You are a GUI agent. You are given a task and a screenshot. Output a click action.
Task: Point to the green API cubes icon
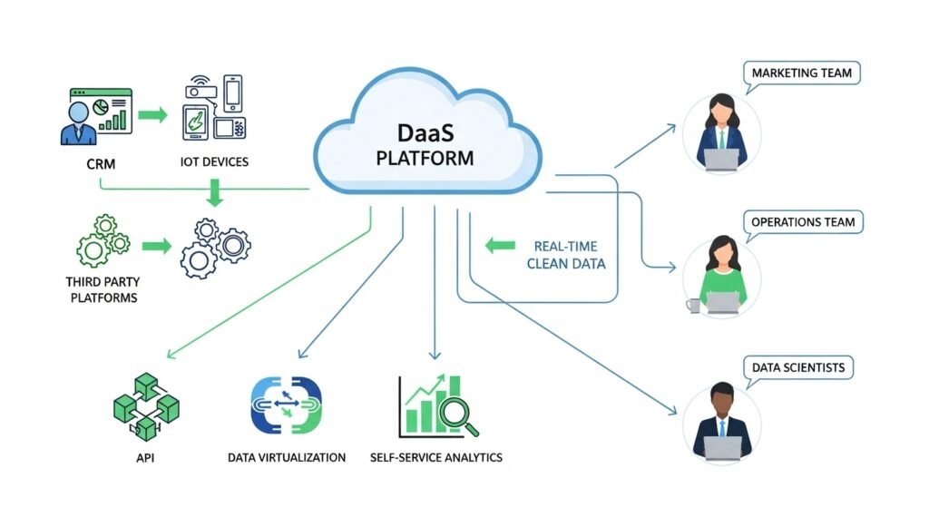(144, 406)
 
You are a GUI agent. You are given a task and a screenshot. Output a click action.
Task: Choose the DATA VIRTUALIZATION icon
(285, 405)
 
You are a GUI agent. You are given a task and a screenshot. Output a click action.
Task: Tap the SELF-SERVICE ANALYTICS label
(436, 457)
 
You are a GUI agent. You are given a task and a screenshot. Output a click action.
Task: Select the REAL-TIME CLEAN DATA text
(569, 255)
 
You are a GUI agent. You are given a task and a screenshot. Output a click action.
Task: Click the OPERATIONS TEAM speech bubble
(803, 222)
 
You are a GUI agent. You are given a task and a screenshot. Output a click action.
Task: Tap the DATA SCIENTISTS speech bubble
(798, 367)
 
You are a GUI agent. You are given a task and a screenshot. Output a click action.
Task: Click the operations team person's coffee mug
(694, 306)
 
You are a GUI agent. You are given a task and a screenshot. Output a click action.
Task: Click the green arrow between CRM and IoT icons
(155, 115)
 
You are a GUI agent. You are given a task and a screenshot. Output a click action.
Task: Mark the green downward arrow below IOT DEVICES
(214, 192)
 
